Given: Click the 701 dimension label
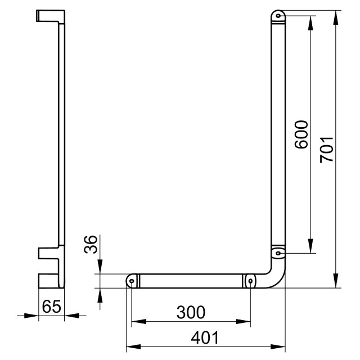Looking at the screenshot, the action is point(327,150).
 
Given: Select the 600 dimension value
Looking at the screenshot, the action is point(301,134).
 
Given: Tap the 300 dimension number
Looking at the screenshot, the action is point(191,312).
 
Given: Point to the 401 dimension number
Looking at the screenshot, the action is point(205,337).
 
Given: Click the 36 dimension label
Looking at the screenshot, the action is point(91,244).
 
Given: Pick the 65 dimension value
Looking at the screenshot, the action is point(52,306).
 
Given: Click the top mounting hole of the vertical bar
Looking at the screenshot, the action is point(278,16).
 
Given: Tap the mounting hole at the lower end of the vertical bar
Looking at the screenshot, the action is point(278,253).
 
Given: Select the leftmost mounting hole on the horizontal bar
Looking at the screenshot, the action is point(132,281).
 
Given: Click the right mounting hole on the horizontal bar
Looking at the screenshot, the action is point(250,281).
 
